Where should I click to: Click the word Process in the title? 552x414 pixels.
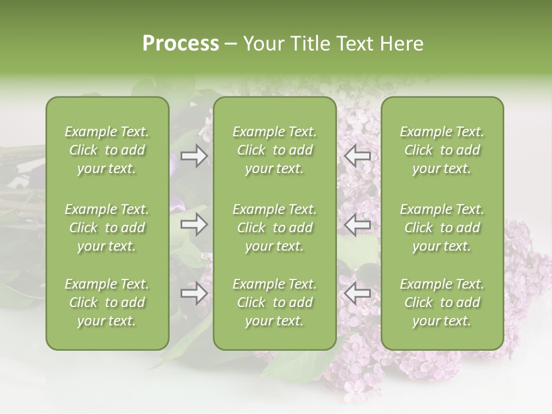click(181, 44)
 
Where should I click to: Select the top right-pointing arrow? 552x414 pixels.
click(194, 156)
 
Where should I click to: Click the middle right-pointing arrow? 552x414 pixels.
click(194, 224)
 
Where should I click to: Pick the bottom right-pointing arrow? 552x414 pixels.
click(194, 293)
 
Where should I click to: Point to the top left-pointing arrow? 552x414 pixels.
click(358, 156)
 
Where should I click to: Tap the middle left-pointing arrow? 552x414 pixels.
click(358, 224)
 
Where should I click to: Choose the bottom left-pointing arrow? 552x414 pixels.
click(358, 293)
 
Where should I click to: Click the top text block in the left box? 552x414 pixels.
click(107, 150)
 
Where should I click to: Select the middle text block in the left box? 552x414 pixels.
click(107, 228)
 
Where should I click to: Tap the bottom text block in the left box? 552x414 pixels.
click(107, 302)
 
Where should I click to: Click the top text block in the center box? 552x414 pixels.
click(275, 150)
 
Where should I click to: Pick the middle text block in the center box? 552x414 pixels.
click(275, 228)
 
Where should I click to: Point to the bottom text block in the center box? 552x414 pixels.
click(275, 302)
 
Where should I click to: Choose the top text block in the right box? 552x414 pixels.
click(442, 150)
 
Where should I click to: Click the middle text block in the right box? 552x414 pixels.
click(442, 228)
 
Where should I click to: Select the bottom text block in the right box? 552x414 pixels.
click(442, 302)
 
